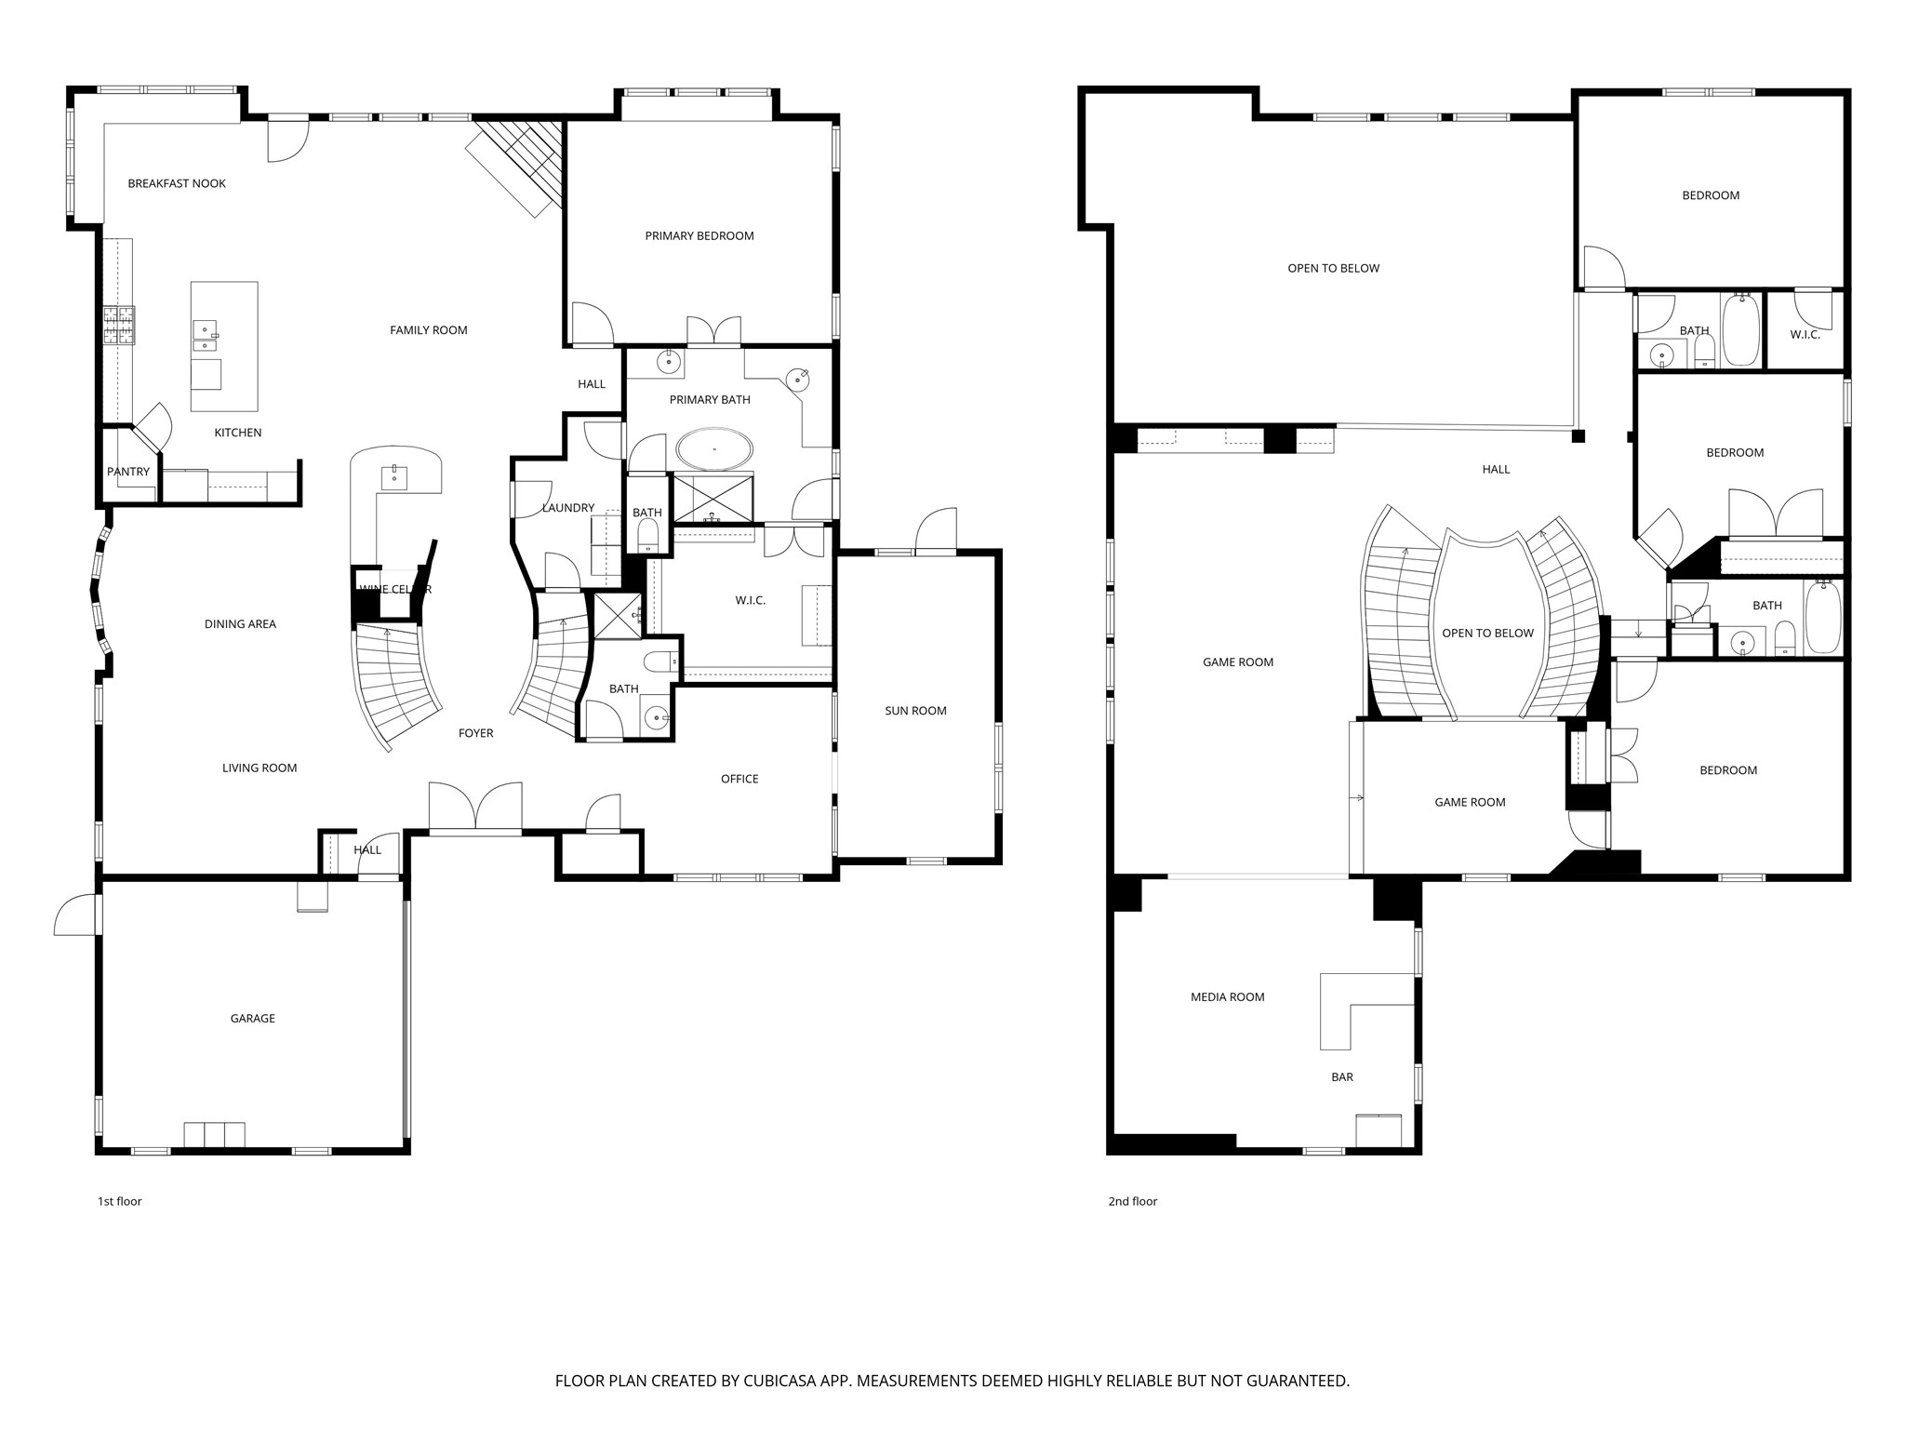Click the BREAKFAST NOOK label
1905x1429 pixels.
click(x=177, y=183)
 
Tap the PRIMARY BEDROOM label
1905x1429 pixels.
click(x=699, y=235)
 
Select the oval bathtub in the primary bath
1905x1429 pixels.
click(x=714, y=449)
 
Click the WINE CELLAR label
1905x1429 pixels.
click(x=395, y=589)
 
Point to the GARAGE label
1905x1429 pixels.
click(x=253, y=1019)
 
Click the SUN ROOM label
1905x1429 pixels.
click(x=916, y=711)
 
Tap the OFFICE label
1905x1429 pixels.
click(x=739, y=779)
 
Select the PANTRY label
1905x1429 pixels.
click(x=128, y=472)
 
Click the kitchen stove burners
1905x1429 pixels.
click(x=119, y=326)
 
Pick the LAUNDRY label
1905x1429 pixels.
click(x=568, y=508)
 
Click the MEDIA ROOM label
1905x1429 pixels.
click(x=1228, y=997)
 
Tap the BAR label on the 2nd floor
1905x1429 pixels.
click(x=1342, y=1077)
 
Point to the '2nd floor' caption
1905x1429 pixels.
click(x=1133, y=1201)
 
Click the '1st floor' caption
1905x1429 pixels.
click(x=120, y=1201)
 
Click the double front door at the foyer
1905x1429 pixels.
click(x=475, y=807)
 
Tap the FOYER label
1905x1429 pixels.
click(x=476, y=733)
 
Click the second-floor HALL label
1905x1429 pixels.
click(x=1497, y=470)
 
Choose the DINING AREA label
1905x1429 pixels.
click(x=241, y=624)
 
